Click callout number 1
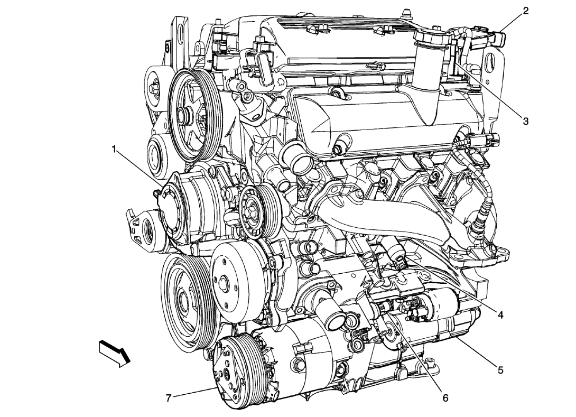coord(114,150)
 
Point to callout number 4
coord(499,315)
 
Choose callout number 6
coord(445,397)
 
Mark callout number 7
coord(169,396)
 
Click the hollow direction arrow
coord(114,353)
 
